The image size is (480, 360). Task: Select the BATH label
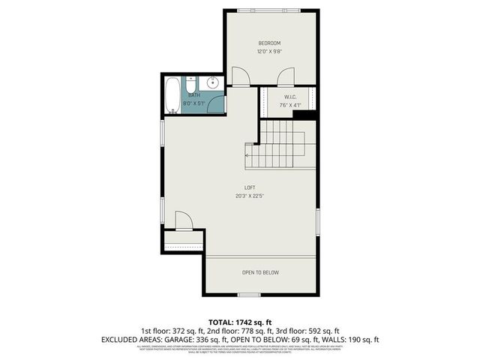194,95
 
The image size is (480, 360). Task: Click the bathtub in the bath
172,94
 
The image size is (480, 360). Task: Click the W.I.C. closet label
291,97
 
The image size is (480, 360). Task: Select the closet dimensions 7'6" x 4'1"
291,105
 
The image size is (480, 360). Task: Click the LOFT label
250,187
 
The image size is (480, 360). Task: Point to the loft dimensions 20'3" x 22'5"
250,196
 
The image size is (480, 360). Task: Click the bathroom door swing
216,105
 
